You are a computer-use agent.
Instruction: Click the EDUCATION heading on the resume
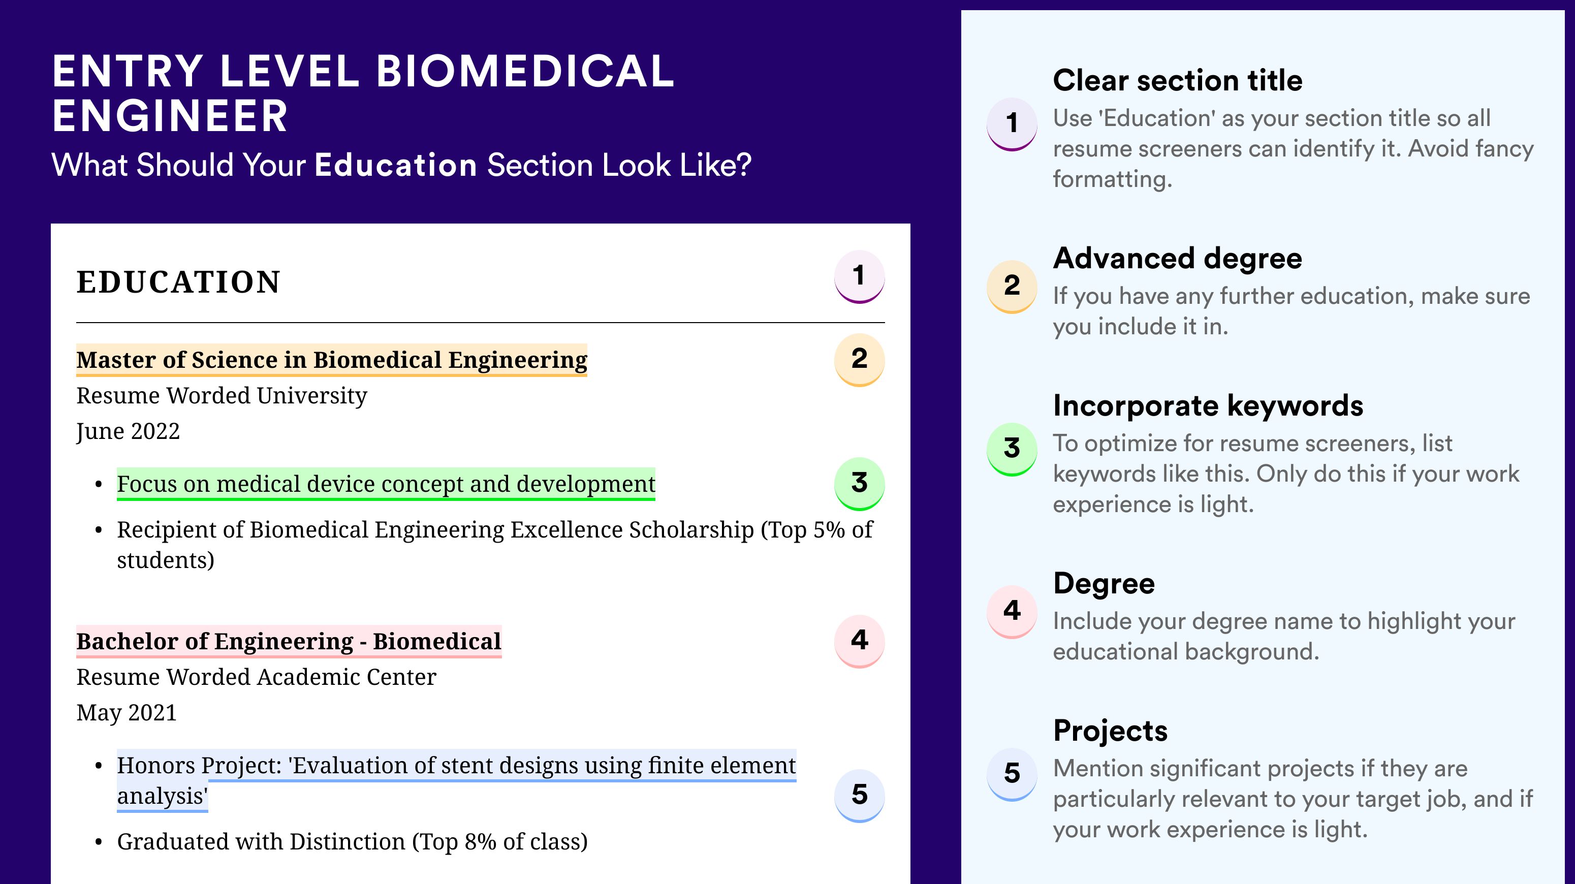pyautogui.click(x=178, y=282)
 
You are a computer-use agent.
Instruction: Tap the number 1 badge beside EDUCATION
pyautogui.click(x=859, y=277)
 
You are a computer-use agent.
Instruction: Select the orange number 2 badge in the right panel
pyautogui.click(x=1012, y=286)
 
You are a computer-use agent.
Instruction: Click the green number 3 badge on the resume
pyautogui.click(x=859, y=484)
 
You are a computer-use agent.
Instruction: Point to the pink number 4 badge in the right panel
pyautogui.click(x=1012, y=611)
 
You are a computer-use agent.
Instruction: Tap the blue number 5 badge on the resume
pyautogui.click(x=859, y=796)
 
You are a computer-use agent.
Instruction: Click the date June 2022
pyautogui.click(x=128, y=432)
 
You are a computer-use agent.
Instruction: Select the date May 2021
pyautogui.click(x=127, y=713)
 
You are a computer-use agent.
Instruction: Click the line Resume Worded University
pyautogui.click(x=222, y=396)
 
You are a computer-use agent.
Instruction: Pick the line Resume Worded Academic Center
pyautogui.click(x=256, y=677)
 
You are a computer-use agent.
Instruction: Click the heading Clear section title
pyautogui.click(x=1178, y=80)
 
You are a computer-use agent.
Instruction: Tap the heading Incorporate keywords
pyautogui.click(x=1208, y=406)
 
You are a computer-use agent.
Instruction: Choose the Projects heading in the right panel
pyautogui.click(x=1110, y=731)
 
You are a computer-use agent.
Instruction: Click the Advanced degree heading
pyautogui.click(x=1178, y=259)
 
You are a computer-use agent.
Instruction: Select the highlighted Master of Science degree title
pyautogui.click(x=331, y=360)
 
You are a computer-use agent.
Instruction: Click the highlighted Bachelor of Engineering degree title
pyautogui.click(x=289, y=641)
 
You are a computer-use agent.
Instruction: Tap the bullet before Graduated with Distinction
pyautogui.click(x=99, y=842)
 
